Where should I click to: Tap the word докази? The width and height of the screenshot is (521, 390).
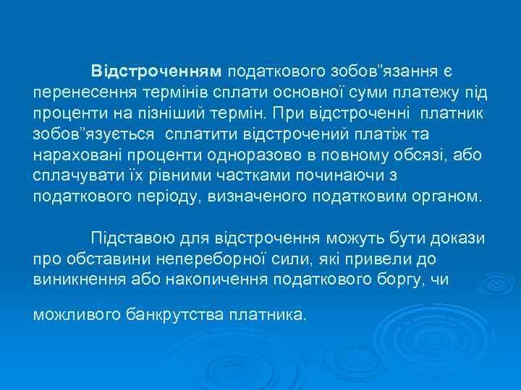(x=459, y=238)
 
